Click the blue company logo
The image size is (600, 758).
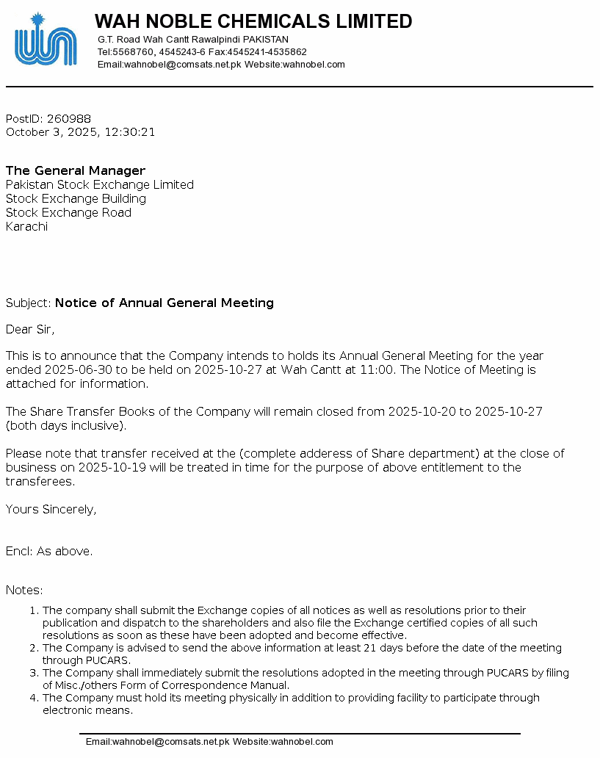(45, 40)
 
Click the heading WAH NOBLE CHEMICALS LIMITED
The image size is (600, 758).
(253, 22)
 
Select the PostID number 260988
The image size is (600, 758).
(69, 119)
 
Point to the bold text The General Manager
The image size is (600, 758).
(76, 171)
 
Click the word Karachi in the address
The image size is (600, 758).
(26, 227)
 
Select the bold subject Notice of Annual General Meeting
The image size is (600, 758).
(165, 303)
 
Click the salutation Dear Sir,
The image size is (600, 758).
(30, 329)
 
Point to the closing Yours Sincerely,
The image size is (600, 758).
(51, 509)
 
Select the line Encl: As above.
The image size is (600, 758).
(49, 551)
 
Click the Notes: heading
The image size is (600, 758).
(24, 591)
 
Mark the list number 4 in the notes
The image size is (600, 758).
(33, 698)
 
